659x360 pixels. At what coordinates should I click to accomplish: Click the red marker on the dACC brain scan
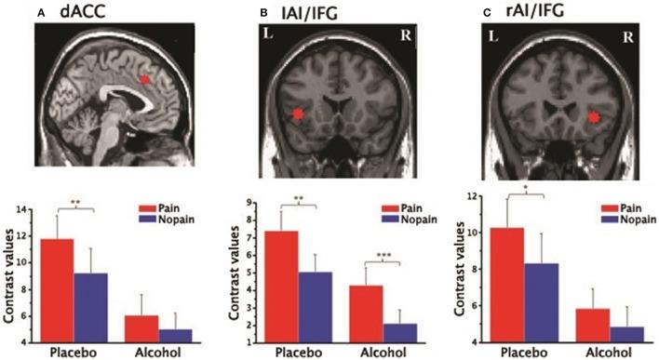[x=145, y=81]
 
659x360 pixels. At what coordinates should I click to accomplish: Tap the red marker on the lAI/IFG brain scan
[x=297, y=114]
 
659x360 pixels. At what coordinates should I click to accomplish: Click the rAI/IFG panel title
[x=545, y=11]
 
